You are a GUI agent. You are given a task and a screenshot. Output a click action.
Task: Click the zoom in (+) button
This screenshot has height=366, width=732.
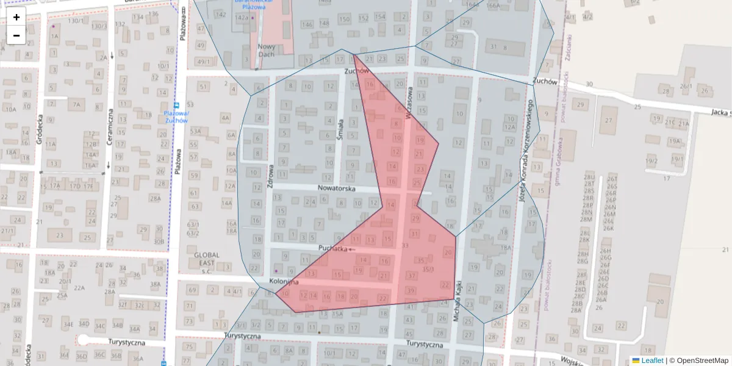pyautogui.click(x=16, y=17)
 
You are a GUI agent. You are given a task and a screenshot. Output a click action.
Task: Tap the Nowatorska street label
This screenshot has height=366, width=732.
pyautogui.click(x=336, y=189)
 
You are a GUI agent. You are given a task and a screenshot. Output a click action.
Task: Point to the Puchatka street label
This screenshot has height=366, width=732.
pyautogui.click(x=333, y=248)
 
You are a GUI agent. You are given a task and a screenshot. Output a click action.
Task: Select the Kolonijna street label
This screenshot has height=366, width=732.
pyautogui.click(x=284, y=282)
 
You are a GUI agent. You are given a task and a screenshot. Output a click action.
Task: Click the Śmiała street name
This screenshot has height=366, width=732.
pyautogui.click(x=340, y=129)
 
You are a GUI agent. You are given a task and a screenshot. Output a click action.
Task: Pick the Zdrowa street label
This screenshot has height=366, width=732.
pyautogui.click(x=270, y=176)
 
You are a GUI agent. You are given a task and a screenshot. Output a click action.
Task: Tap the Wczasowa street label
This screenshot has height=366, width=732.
pyautogui.click(x=409, y=102)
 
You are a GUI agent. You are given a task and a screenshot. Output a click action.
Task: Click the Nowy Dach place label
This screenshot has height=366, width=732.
pyautogui.click(x=267, y=50)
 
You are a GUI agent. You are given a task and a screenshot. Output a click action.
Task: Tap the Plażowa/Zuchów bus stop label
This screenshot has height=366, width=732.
pyautogui.click(x=176, y=117)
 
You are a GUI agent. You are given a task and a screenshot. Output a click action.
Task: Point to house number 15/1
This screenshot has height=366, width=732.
pyautogui.click(x=428, y=269)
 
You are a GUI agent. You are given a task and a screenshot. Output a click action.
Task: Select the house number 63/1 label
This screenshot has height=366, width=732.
pyautogui.click(x=193, y=224)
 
